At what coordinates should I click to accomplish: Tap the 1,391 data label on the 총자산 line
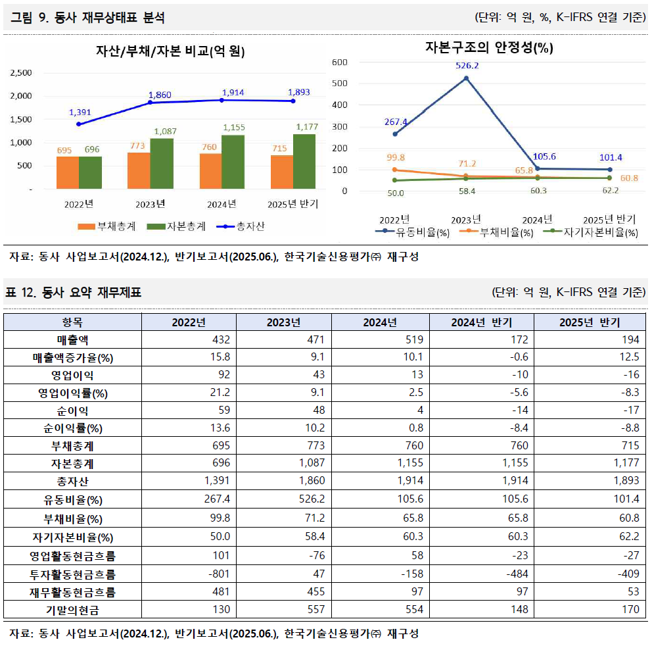pos(80,112)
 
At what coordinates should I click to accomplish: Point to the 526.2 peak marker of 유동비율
pos(466,78)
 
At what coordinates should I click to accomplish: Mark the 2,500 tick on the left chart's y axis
pos(20,73)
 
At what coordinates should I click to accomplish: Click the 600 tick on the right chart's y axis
pos(339,62)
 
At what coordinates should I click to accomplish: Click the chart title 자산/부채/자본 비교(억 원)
pos(170,51)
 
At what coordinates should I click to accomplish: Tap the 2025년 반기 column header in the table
pos(590,322)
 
